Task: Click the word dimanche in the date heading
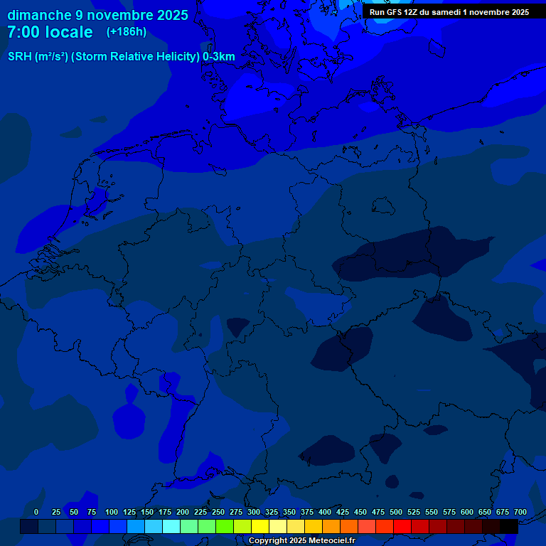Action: click(40, 15)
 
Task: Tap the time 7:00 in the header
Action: click(24, 32)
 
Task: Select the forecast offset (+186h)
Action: click(127, 32)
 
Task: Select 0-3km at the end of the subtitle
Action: click(219, 57)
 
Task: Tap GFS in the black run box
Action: click(394, 12)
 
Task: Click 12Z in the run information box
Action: click(412, 12)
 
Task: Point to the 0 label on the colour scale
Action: click(36, 512)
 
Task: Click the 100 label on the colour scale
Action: click(112, 512)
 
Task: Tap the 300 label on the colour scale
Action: click(254, 512)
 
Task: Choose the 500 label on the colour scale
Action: click(396, 512)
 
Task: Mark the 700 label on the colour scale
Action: click(520, 512)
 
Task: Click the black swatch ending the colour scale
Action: click(509, 526)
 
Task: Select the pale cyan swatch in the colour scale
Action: click(171, 526)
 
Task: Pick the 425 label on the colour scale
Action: click(343, 512)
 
